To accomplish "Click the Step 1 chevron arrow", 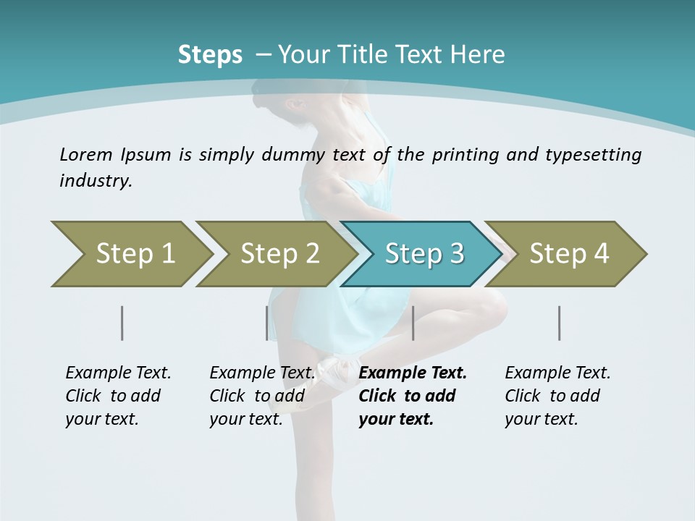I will click(130, 253).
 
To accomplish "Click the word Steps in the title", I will click(210, 54).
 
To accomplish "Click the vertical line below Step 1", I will click(122, 323).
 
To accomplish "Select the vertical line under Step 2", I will click(267, 323).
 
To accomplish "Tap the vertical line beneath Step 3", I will click(413, 323).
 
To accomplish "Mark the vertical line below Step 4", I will click(560, 323).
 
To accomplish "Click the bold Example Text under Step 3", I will click(413, 373).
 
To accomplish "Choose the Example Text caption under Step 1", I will click(118, 373).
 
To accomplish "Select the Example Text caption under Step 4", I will click(557, 373).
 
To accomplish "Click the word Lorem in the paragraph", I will click(84, 154).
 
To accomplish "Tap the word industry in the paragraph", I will click(94, 180).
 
